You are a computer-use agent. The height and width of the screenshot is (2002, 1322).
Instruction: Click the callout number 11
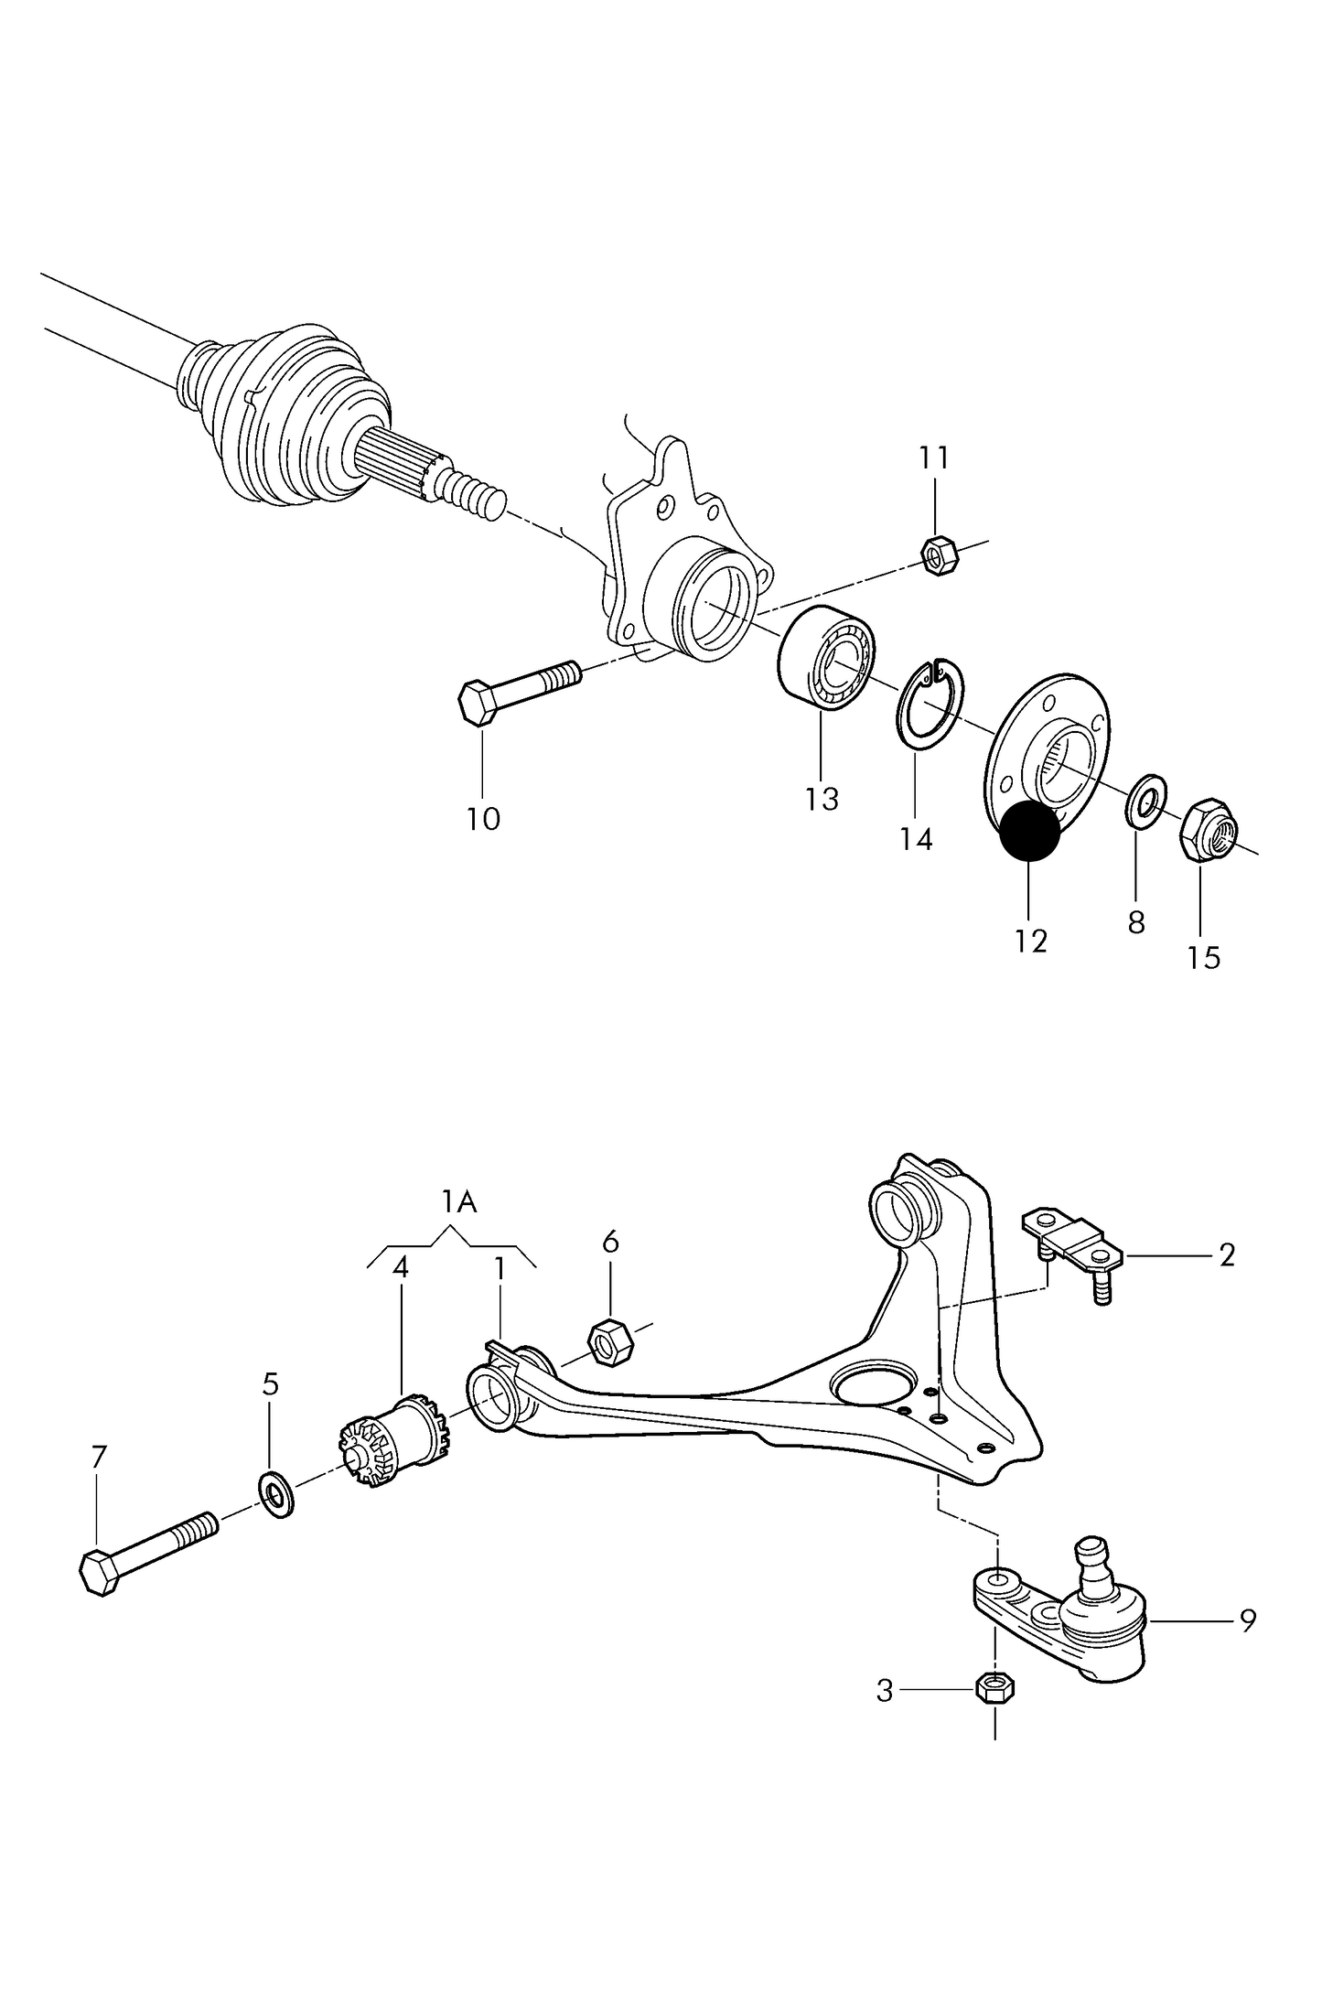(x=933, y=457)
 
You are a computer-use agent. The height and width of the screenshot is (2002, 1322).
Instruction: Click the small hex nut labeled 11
(x=937, y=554)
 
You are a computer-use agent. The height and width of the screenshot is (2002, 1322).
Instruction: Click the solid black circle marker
(x=1029, y=832)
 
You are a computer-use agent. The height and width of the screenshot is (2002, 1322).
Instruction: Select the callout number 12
(x=1030, y=941)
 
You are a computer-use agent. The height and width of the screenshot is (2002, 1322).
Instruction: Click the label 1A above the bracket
(x=459, y=1201)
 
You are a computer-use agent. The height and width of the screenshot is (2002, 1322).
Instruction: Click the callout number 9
(x=1248, y=1620)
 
